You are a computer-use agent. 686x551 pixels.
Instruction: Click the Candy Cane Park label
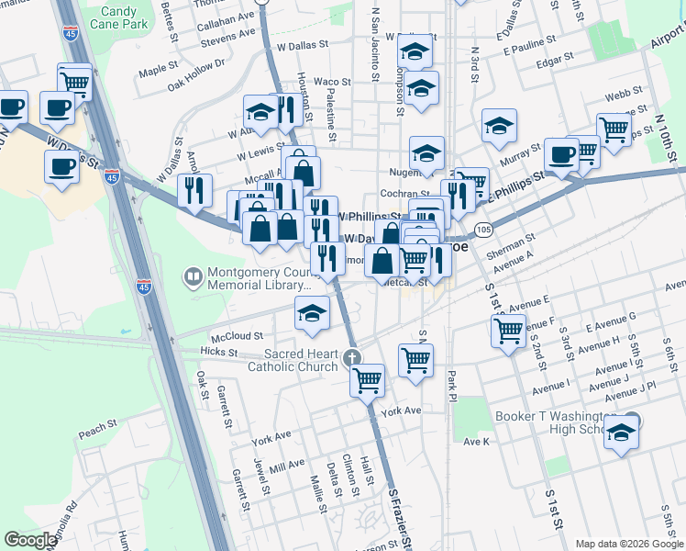(x=118, y=19)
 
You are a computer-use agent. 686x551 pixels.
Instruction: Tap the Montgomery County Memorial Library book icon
(x=194, y=275)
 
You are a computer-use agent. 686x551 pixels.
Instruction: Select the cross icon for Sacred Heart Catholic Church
(x=349, y=355)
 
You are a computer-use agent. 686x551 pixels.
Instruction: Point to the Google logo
(x=30, y=540)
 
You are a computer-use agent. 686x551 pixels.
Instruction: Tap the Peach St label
(x=95, y=432)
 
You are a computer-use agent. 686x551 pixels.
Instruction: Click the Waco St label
(x=332, y=82)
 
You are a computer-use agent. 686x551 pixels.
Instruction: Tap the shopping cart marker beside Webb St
(x=614, y=129)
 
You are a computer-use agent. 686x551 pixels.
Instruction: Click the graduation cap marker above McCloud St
(x=312, y=313)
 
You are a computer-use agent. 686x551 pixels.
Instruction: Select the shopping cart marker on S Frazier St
(x=368, y=378)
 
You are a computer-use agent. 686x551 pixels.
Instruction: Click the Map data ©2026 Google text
(x=628, y=544)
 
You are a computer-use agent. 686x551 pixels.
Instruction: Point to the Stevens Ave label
(x=228, y=40)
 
